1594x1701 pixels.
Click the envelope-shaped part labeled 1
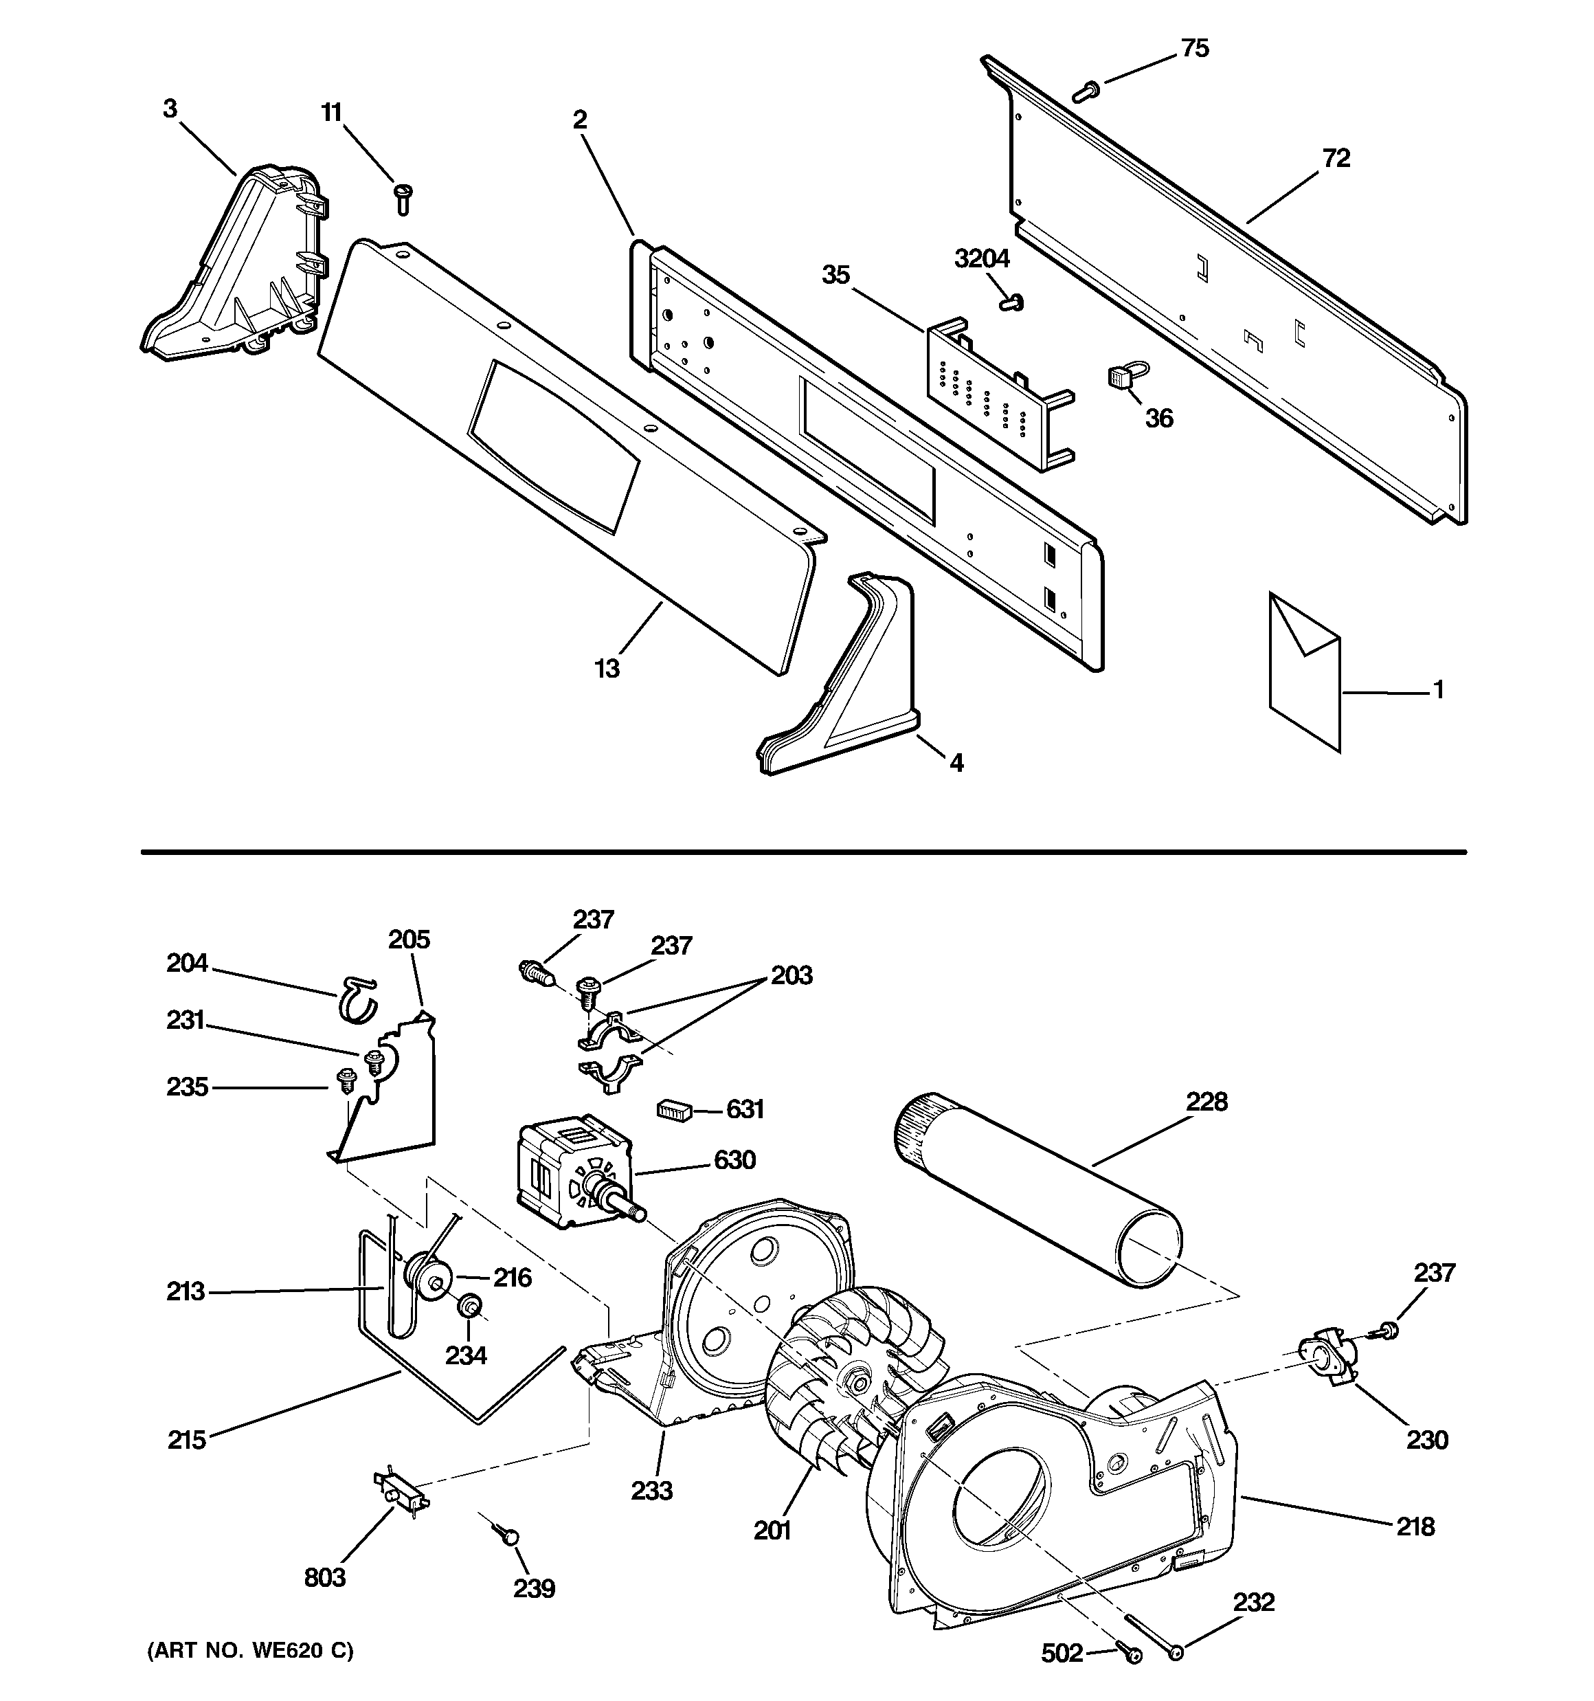[1305, 670]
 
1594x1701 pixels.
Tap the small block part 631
[674, 1111]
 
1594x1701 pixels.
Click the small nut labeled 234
[469, 1307]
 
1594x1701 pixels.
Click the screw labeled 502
[1130, 1656]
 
